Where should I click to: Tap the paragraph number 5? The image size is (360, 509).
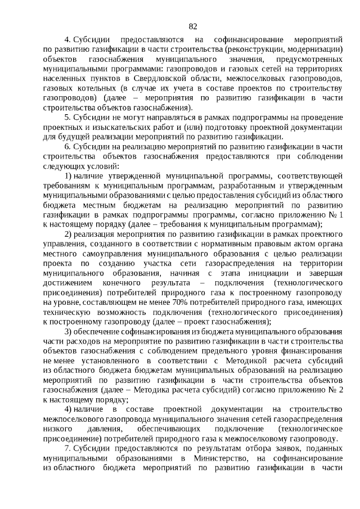[x=67, y=117]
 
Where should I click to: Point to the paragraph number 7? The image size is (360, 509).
[x=67, y=448]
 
